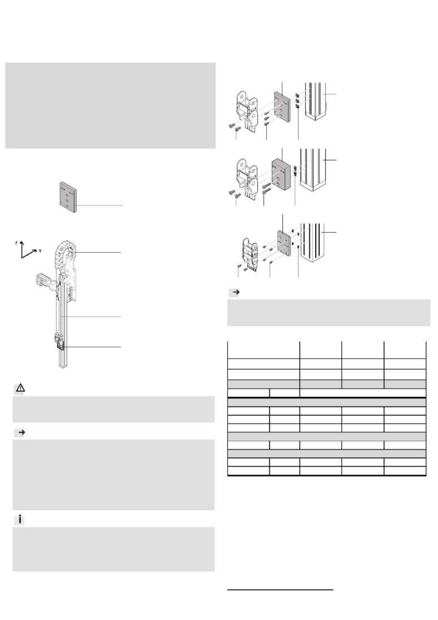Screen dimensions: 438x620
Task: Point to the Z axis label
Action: coord(16,243)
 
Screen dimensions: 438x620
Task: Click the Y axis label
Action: coord(40,251)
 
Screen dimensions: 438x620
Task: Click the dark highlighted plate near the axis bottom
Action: coord(61,346)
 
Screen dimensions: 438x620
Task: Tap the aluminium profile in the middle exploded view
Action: coord(313,169)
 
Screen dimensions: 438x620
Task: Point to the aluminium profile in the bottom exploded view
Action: coord(312,242)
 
